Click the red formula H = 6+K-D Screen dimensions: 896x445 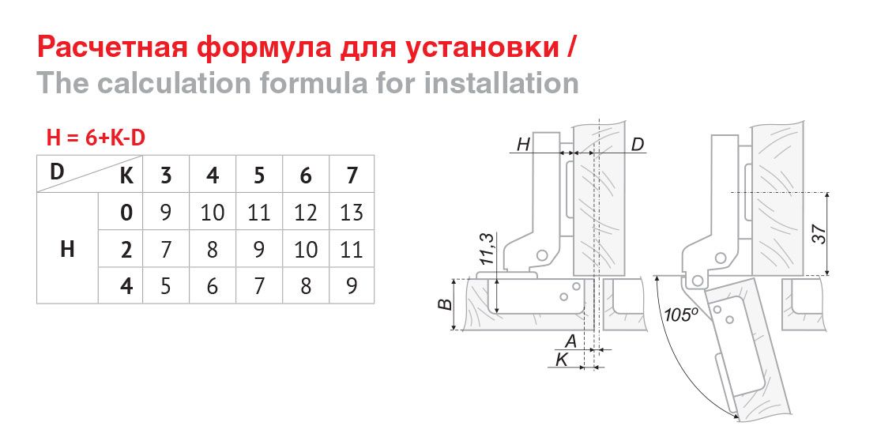96,138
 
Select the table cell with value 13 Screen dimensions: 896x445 352,212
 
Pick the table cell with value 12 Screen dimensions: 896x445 305,212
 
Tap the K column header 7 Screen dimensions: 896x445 352,175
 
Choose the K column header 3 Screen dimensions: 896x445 166,175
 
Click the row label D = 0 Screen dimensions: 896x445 126,212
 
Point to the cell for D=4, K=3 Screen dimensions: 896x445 166,285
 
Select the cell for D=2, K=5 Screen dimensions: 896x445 259,250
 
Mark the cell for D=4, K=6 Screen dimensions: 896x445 305,285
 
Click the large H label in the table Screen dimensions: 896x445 67,250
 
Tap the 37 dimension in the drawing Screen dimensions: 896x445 819,235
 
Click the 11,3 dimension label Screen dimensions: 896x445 487,249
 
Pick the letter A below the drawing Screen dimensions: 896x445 570,341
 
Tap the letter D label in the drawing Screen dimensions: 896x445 638,144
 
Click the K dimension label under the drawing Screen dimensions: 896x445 562,360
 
